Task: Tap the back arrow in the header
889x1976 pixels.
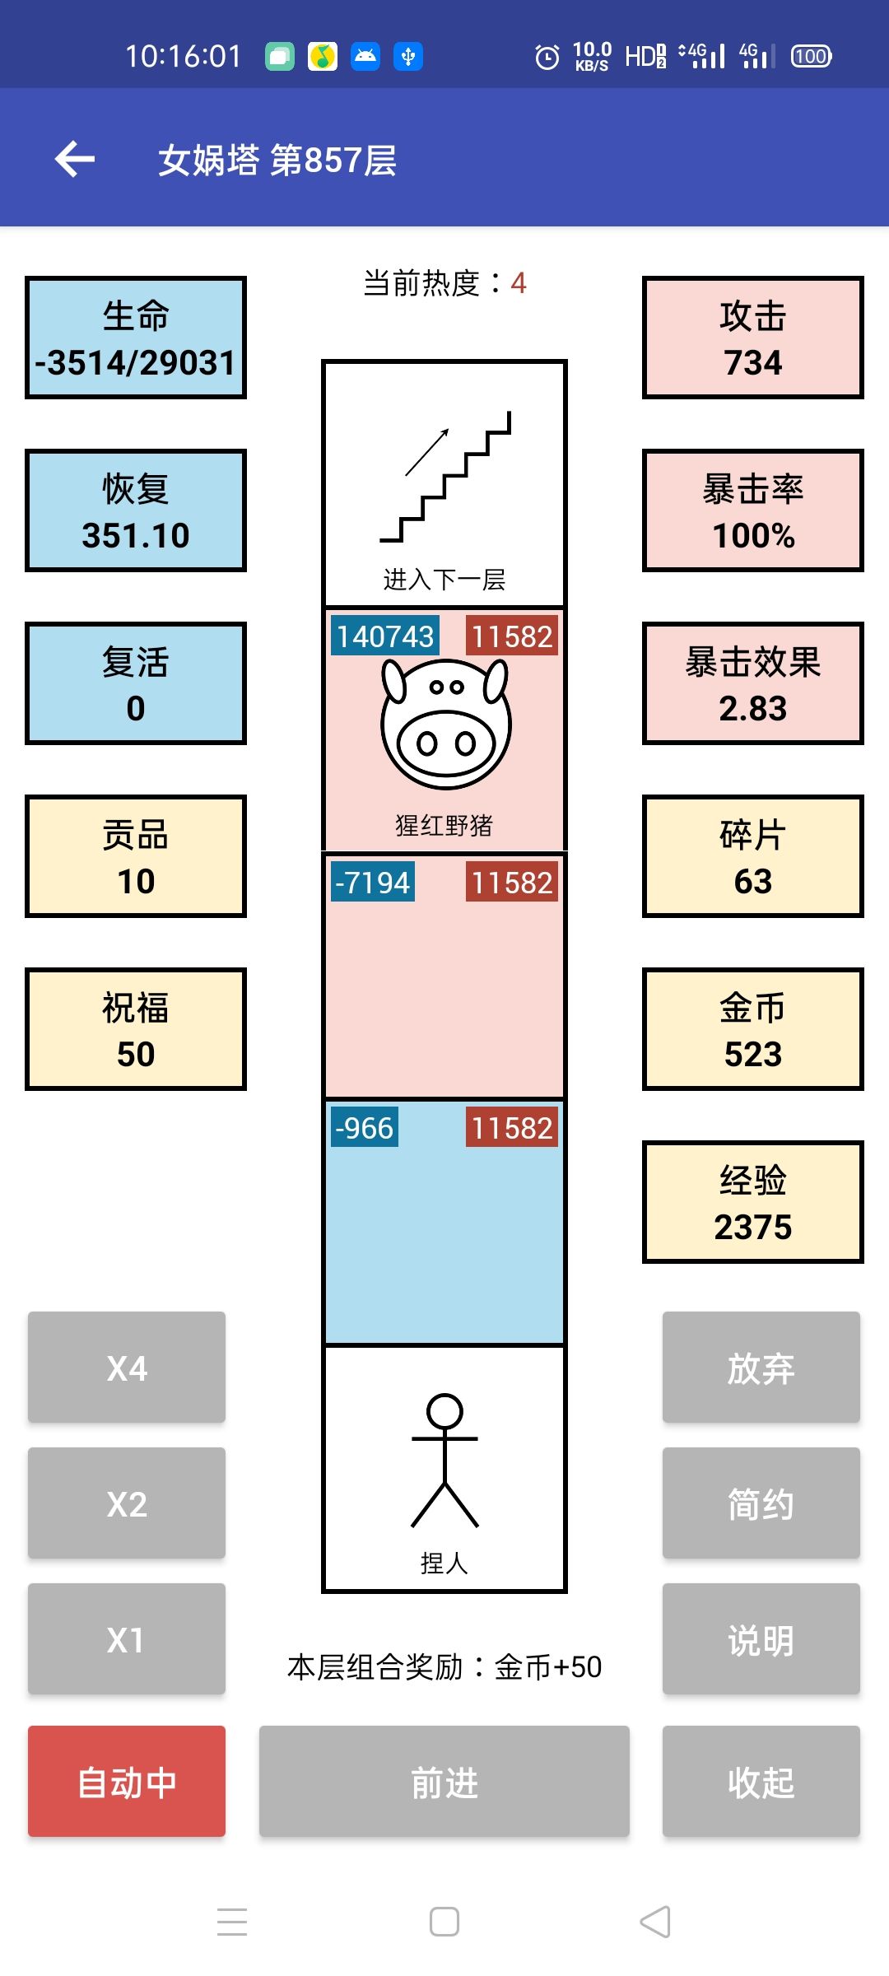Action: click(75, 159)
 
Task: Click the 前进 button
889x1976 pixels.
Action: click(444, 1781)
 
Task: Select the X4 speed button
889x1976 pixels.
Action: click(127, 1367)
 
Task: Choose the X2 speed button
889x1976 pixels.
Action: click(127, 1503)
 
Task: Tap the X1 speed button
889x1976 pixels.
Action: click(127, 1638)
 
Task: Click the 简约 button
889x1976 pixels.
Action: click(761, 1503)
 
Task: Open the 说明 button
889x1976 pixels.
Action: click(761, 1638)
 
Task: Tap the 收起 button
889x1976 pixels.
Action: click(761, 1781)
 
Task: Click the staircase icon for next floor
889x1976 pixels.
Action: click(444, 476)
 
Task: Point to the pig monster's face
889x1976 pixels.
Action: click(445, 723)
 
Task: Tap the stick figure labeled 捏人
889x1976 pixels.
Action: click(444, 1461)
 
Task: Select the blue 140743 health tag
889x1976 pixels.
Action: click(385, 636)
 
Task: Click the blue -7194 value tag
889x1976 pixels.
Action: click(373, 882)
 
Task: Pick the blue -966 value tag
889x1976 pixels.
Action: click(365, 1127)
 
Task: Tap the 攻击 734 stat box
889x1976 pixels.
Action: click(753, 338)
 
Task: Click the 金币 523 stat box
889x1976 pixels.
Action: click(753, 1029)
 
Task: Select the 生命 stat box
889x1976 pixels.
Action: click(136, 338)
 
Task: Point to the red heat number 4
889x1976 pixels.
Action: click(519, 283)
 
